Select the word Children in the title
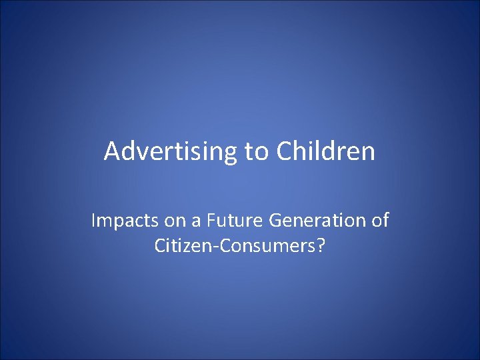(325, 152)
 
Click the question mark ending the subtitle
(321, 245)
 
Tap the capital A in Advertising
(112, 152)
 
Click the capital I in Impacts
(93, 221)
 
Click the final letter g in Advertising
(230, 155)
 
